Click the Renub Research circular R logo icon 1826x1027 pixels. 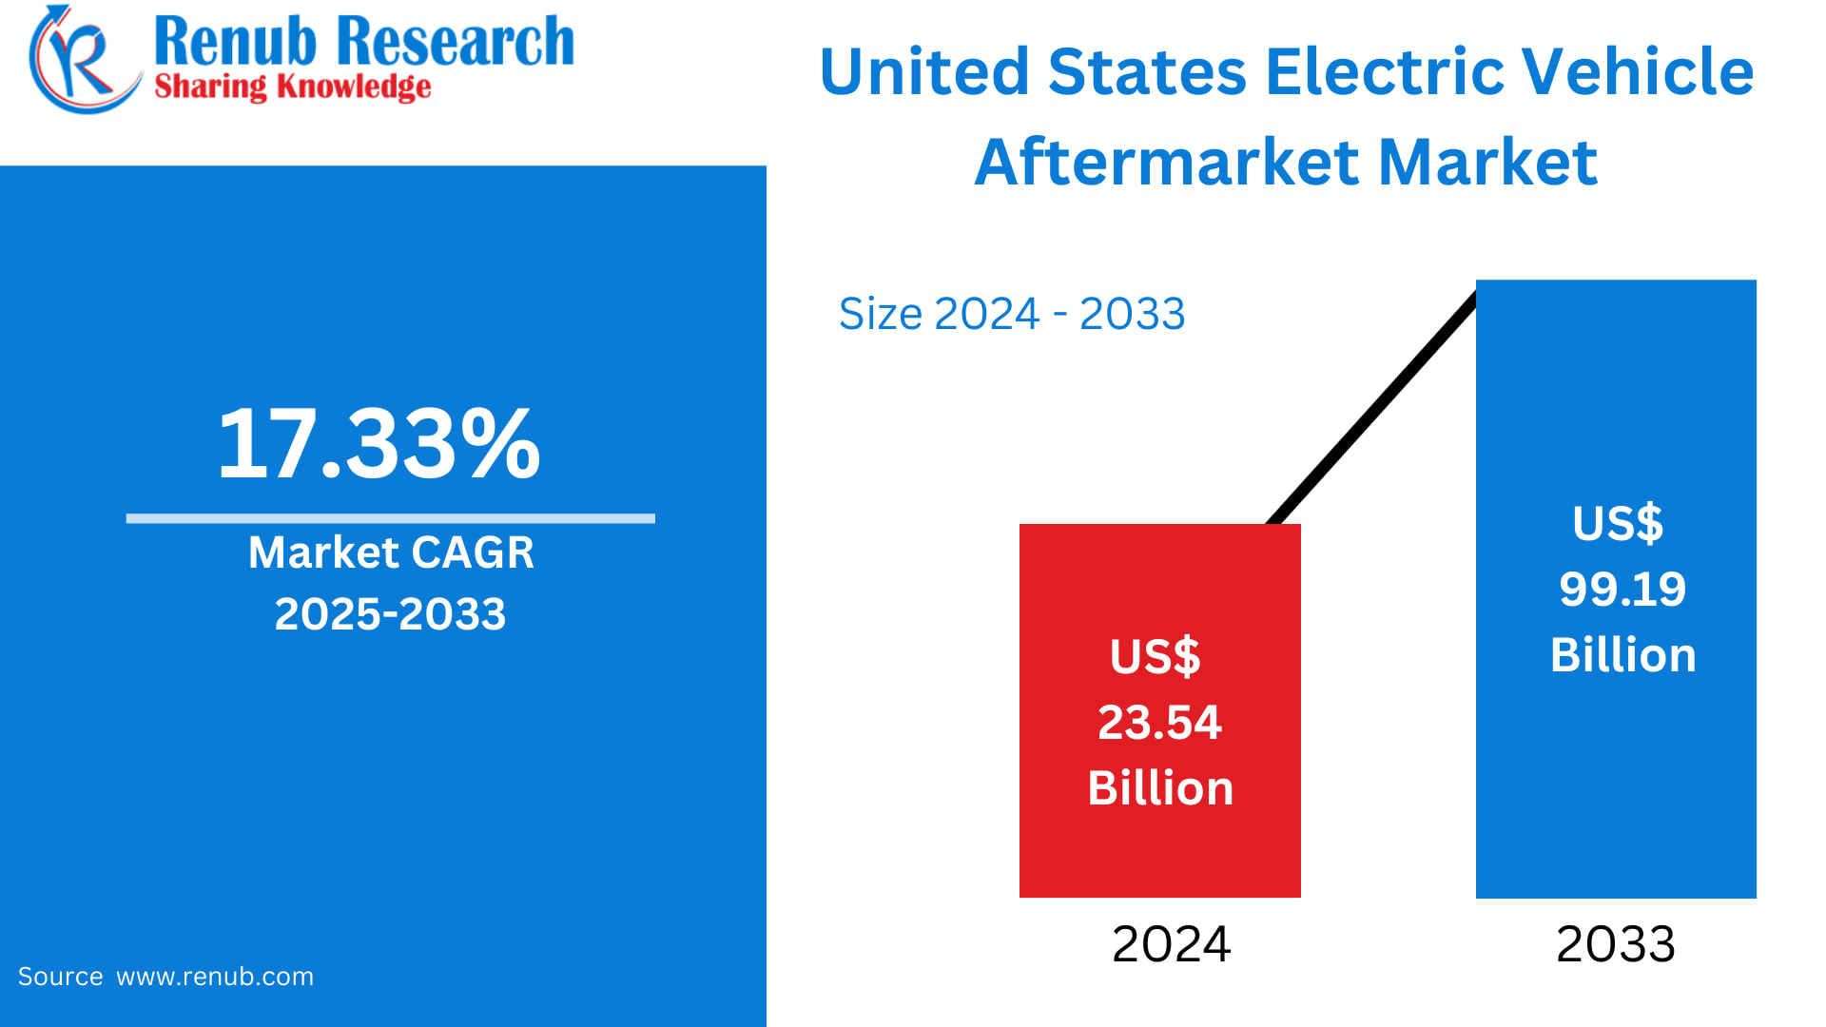(81, 59)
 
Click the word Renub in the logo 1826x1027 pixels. (234, 42)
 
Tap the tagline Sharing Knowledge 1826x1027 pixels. (292, 87)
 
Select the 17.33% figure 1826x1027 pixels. (379, 444)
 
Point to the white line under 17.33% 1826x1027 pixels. (390, 518)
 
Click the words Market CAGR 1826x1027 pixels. (391, 552)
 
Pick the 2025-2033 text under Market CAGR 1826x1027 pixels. (390, 614)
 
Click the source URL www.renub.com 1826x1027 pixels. (215, 977)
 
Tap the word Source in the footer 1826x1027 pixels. (60, 977)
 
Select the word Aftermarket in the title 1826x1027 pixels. (1166, 162)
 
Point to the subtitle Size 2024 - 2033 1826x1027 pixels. (1012, 314)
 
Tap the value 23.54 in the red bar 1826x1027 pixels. (1159, 723)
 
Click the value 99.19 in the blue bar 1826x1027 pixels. (1622, 590)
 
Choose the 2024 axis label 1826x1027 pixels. (1171, 944)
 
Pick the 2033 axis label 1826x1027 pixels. (1615, 944)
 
